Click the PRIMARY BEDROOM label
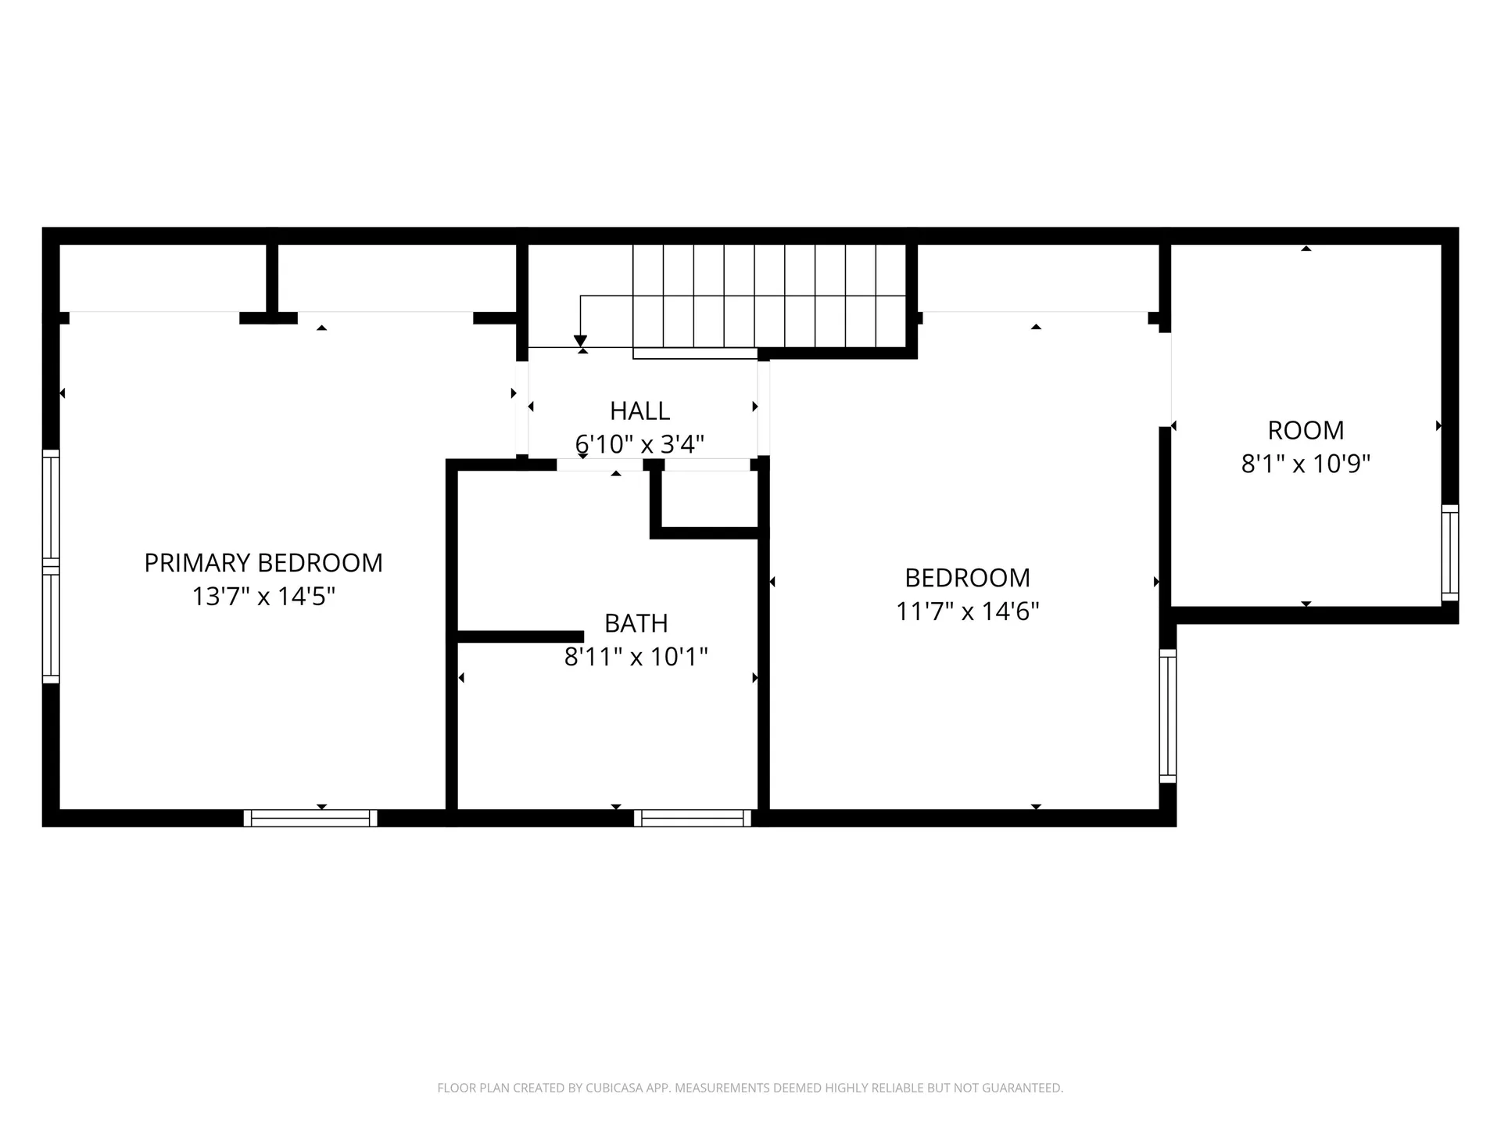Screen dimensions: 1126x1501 click(x=263, y=563)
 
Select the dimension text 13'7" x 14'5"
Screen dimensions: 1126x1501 click(x=263, y=597)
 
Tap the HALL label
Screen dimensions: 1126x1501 click(x=639, y=411)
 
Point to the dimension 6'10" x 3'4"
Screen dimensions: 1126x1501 click(x=639, y=445)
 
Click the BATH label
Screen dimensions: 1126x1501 click(x=636, y=623)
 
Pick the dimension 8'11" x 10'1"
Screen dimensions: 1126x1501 click(x=636, y=657)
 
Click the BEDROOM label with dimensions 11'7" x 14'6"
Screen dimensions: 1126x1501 click(x=967, y=578)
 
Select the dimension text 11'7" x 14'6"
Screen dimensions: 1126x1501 click(x=967, y=611)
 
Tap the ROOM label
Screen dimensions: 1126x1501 click(x=1306, y=431)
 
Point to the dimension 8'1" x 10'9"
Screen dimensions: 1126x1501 click(x=1306, y=464)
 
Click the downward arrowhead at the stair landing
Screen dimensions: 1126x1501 click(x=580, y=341)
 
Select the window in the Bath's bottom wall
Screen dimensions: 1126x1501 click(x=692, y=818)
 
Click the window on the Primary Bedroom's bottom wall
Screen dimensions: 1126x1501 click(x=310, y=818)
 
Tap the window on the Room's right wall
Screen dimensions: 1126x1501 click(x=1449, y=553)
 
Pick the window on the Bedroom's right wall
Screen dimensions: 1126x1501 click(x=1167, y=715)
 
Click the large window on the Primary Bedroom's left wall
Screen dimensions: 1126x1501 click(x=51, y=566)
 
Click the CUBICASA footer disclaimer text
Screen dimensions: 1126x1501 click(x=750, y=1088)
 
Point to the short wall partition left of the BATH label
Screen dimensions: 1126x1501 click(x=520, y=637)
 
